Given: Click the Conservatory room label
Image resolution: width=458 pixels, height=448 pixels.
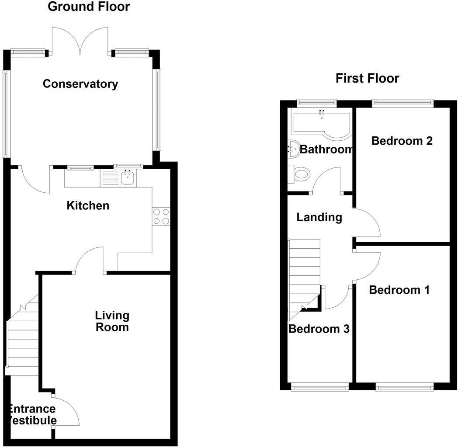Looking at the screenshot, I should coord(80,84).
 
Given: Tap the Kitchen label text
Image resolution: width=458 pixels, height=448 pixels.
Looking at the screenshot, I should coord(88,205).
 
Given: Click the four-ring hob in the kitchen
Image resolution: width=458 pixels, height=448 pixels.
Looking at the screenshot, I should coord(161,216).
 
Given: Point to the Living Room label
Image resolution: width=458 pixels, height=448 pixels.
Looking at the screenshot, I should coord(112,321).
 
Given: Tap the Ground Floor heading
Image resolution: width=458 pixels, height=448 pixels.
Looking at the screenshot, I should coord(89,7).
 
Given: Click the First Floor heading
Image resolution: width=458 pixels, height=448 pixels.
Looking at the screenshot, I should coord(367,79).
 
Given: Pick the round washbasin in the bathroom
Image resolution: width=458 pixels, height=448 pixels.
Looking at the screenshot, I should coord(293,149).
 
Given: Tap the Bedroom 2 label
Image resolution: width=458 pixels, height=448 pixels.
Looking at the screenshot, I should coord(402,141).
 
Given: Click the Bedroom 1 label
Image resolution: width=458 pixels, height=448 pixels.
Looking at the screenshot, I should coord(399,290).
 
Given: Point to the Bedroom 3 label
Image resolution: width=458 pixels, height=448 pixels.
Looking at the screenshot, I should coord(319,329).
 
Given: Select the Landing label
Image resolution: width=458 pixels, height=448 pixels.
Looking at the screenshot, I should coord(319,217).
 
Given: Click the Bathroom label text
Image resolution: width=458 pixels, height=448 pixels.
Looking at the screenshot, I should coord(326,149).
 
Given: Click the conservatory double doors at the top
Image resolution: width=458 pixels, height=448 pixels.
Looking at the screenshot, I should coord(80,42).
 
